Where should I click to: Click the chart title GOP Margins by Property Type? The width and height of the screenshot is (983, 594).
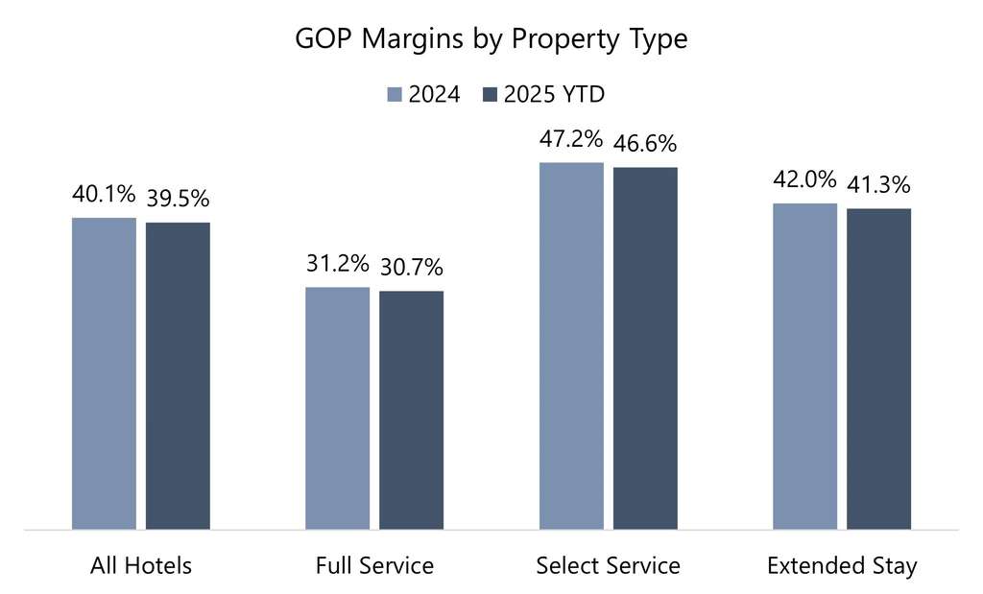491,41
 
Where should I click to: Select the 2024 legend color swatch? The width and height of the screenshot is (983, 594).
394,94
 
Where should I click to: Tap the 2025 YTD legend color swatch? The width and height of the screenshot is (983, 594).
488,94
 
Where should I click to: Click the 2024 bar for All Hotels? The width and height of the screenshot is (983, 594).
105,373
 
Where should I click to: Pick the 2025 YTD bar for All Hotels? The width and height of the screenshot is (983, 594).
178,375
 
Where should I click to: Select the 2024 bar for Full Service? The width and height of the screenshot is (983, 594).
338,408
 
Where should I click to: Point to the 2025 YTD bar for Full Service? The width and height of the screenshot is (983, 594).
411,410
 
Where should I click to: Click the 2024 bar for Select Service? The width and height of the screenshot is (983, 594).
571,345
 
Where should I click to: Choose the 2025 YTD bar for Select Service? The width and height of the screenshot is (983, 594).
645,347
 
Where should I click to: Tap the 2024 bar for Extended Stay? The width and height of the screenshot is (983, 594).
804,366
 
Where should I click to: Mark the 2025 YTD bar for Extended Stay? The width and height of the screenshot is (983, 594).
878,368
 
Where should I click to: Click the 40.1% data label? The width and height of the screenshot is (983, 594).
104,195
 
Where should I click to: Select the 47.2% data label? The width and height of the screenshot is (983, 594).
571,140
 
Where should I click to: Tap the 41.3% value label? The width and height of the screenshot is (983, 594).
878,185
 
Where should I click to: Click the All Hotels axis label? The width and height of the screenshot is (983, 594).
141,565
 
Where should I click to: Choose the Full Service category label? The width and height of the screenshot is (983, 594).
374,565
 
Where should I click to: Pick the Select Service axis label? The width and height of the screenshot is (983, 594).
608,565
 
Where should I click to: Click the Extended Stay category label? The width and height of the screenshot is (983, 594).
842,565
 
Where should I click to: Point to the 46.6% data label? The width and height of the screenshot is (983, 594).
645,144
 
